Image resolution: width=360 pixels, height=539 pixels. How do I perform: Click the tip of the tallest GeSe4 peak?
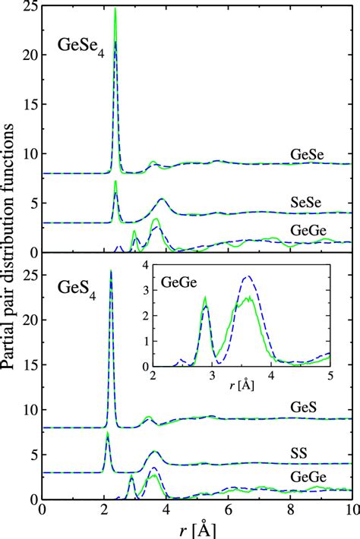(115, 8)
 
